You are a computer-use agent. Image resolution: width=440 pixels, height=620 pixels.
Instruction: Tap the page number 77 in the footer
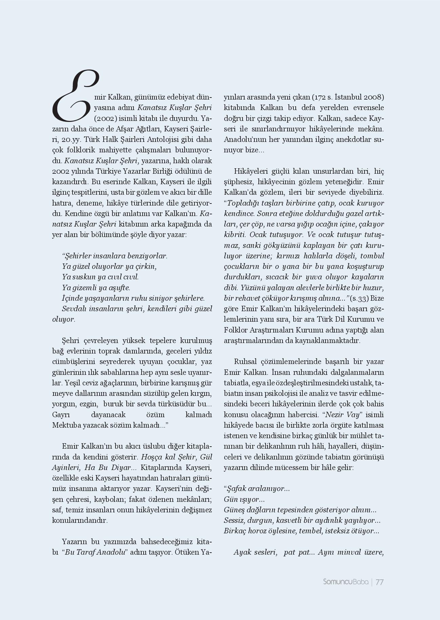(379, 582)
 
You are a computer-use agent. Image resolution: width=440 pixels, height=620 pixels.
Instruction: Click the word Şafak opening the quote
(236, 489)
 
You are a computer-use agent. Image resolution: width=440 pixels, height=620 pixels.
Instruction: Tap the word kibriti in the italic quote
(235, 235)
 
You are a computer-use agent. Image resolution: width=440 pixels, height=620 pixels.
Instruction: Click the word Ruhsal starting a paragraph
(246, 362)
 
